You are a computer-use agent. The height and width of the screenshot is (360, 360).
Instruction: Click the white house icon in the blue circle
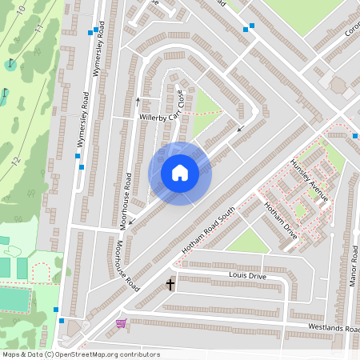coord(180,173)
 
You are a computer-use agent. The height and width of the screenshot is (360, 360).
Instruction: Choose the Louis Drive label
coord(246,276)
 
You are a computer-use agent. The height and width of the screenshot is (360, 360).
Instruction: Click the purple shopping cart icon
coord(121,323)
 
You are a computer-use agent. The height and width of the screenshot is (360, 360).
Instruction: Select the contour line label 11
coord(38,30)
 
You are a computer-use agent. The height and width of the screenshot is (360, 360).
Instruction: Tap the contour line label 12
coord(15,161)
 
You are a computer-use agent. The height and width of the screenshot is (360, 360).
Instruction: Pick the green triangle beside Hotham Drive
coord(248,238)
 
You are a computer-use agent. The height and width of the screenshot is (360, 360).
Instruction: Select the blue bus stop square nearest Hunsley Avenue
coord(354,136)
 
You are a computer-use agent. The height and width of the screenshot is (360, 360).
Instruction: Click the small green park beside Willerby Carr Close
coord(205,104)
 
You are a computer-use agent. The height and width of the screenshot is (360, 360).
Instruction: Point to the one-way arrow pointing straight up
coord(138,101)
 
